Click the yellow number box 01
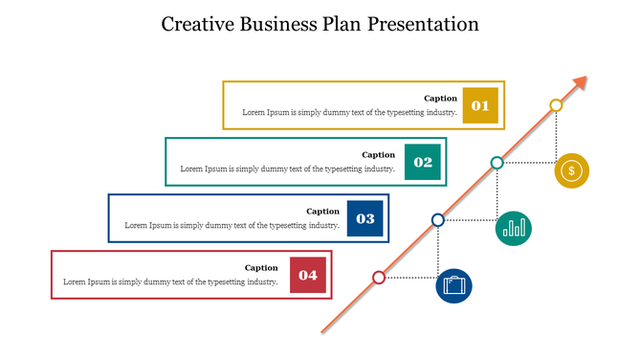tap(480, 105)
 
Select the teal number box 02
tap(423, 162)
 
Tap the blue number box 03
tap(365, 218)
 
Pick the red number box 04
tap(308, 275)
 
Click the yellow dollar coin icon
tap(571, 171)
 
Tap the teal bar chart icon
tap(515, 228)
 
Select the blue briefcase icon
tap(454, 285)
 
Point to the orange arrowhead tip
tap(586, 78)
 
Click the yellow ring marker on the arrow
tap(556, 104)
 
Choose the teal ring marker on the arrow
tap(497, 163)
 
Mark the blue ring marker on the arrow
tap(438, 220)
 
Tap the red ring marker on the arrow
tap(379, 278)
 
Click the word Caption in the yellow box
tap(440, 99)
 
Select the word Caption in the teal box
tap(378, 155)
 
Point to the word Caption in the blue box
tap(322, 212)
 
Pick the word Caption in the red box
tap(261, 268)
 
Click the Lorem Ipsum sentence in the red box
tap(170, 281)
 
